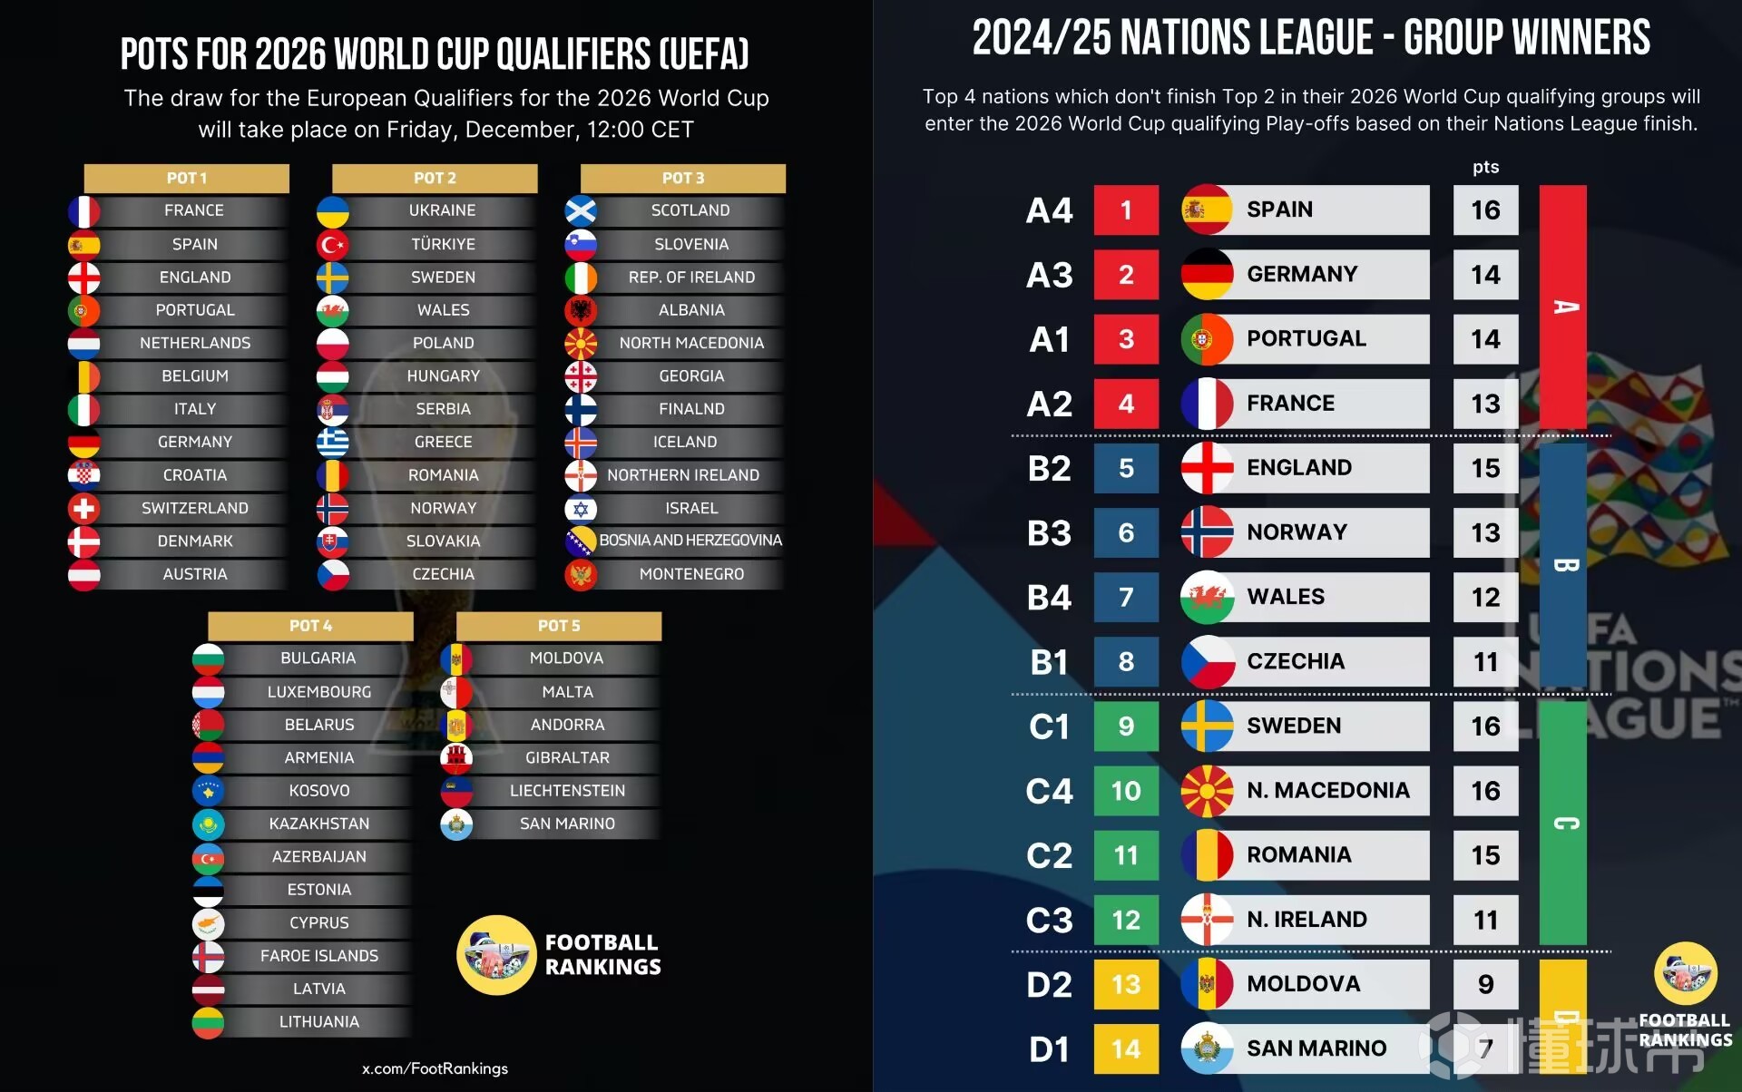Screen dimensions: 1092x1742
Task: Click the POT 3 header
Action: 682,179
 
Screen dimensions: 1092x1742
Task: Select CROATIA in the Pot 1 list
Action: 194,475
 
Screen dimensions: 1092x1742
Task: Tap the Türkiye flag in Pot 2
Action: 333,245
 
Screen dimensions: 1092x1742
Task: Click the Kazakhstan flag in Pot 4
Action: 209,824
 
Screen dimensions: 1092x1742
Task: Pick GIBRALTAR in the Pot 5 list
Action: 567,758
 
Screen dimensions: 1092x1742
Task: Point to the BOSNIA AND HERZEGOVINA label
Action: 690,541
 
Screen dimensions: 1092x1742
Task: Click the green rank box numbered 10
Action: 1126,791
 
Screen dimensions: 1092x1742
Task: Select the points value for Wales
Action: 1485,598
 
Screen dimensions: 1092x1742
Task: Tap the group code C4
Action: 1050,792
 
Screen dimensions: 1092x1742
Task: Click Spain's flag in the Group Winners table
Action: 1207,210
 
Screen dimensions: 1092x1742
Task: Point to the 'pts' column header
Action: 1485,167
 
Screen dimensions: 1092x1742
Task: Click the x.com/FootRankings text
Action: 435,1068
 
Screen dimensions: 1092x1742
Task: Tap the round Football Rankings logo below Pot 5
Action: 496,955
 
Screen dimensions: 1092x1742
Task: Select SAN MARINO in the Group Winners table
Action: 1316,1049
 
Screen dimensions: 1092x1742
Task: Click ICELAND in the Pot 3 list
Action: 685,443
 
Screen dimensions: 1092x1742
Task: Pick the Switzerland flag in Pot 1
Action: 84,509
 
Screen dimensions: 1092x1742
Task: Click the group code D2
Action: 1050,985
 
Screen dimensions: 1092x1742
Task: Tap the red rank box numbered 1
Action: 1126,210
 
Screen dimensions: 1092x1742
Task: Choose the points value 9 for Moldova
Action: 1485,985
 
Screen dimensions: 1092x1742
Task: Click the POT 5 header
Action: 558,627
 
